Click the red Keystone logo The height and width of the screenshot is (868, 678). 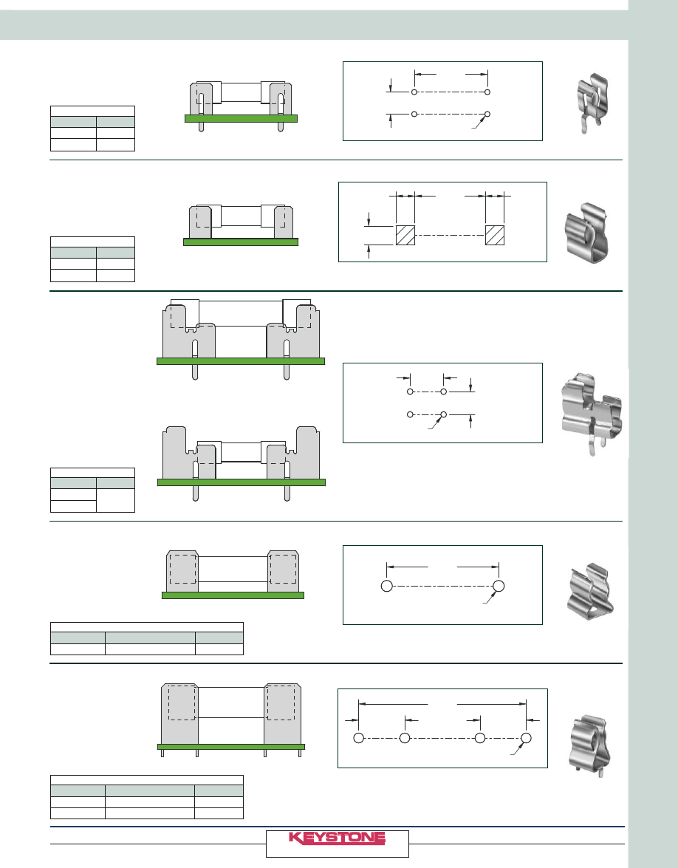337,838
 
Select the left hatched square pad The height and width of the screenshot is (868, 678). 405,235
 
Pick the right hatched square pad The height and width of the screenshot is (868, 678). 495,235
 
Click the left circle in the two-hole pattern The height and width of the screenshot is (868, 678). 387,586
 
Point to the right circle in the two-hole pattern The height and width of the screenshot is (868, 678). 499,586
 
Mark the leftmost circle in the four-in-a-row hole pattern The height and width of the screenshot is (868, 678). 359,738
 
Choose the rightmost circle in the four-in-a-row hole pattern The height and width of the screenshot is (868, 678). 527,738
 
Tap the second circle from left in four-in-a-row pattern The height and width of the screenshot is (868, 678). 405,738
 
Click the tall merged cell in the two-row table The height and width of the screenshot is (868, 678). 116,500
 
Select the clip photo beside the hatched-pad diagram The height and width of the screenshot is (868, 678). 586,233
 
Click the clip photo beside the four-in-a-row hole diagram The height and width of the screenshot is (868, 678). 589,745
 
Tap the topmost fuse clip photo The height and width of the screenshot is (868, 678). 592,103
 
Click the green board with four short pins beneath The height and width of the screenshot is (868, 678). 231,747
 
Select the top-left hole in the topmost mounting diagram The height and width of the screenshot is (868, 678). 414,92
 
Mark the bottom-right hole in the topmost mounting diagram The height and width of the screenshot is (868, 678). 487,114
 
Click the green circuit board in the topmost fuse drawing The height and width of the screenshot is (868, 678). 241,118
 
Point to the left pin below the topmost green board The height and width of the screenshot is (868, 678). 201,127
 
